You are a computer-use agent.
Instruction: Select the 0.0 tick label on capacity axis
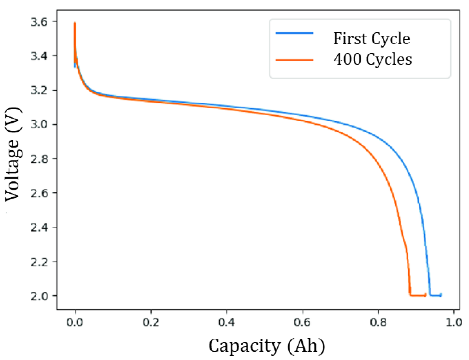(x=75, y=322)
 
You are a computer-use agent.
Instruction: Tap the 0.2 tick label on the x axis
(x=151, y=322)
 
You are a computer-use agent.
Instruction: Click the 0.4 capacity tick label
(x=227, y=322)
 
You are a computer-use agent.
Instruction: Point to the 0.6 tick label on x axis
(x=303, y=322)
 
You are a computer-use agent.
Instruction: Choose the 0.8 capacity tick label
(x=378, y=322)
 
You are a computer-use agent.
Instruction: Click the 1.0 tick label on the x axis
(x=454, y=322)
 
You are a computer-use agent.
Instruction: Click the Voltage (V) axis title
(x=13, y=154)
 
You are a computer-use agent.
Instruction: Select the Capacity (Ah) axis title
(x=267, y=346)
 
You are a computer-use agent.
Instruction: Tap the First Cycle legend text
(x=371, y=39)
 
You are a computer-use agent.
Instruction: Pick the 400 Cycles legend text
(x=372, y=59)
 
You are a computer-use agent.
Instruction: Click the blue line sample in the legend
(x=294, y=33)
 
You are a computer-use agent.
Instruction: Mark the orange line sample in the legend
(x=294, y=60)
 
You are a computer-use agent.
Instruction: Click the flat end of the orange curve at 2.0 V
(x=418, y=295)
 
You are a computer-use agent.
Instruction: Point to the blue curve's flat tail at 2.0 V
(x=435, y=295)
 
